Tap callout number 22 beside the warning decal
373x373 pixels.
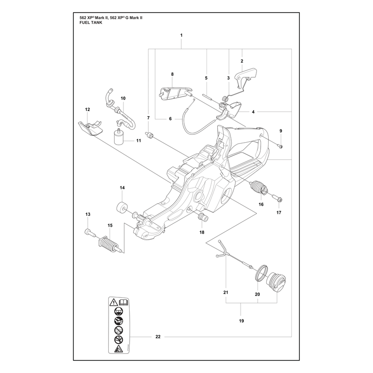click(158, 337)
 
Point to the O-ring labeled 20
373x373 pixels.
click(261, 273)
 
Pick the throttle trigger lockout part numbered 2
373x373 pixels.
click(246, 76)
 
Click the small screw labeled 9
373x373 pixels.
click(280, 146)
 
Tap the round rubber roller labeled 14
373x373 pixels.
click(122, 207)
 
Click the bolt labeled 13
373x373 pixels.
click(89, 232)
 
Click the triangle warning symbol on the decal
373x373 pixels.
click(114, 303)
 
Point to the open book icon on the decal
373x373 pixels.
click(124, 303)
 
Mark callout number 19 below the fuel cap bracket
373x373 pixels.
click(241, 321)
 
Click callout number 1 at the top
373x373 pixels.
click(181, 35)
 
